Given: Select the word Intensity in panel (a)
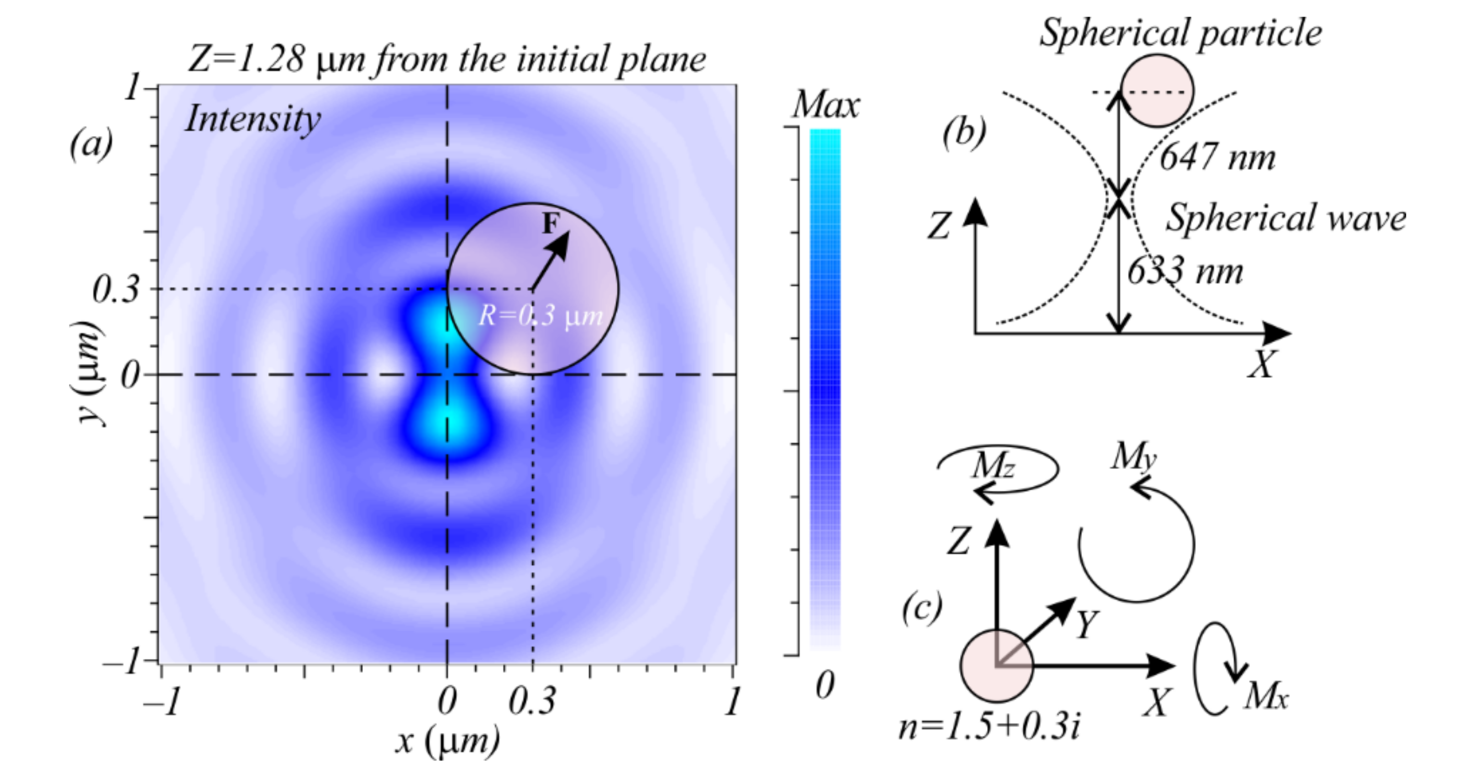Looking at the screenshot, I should pos(253,119).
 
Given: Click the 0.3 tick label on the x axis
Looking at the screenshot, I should pos(532,702).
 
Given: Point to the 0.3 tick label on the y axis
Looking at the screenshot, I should pos(115,290).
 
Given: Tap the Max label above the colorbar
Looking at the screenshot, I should pos(826,105).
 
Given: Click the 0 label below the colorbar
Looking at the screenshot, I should pos(824,685).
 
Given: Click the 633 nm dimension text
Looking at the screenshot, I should pos(1185,272).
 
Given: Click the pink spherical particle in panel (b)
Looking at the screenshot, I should pos(1157,91).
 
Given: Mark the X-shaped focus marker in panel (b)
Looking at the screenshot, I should pos(1118,198).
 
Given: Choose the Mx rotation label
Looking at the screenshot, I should pos(1266,696).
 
